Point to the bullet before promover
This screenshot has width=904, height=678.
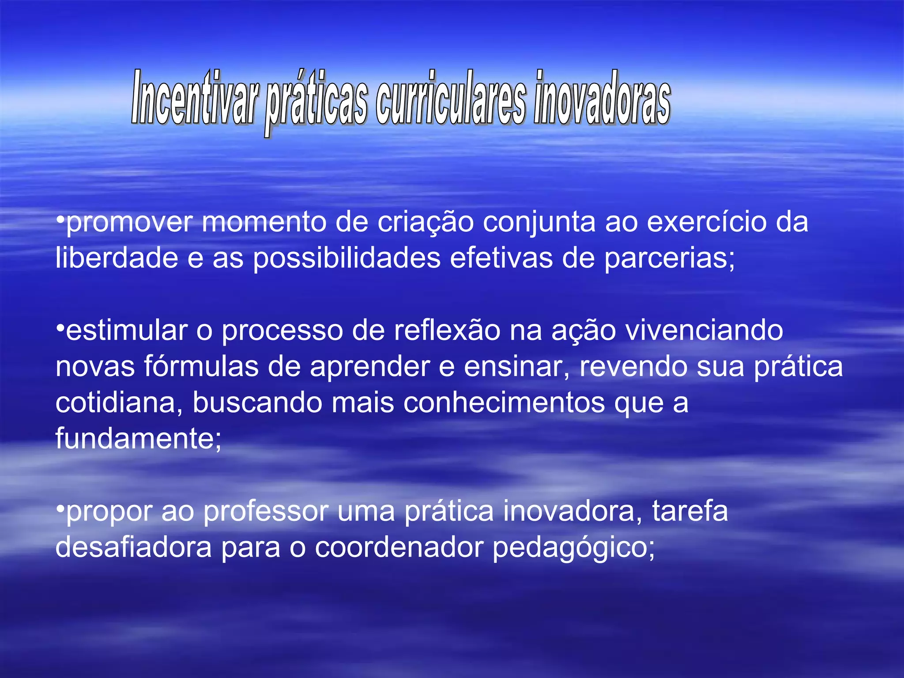click(x=60, y=219)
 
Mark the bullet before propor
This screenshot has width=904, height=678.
click(x=60, y=508)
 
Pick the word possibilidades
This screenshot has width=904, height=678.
click(x=347, y=259)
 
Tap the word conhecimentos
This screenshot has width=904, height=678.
click(x=504, y=403)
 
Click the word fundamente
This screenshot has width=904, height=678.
click(x=138, y=439)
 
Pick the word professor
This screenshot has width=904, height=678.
click(x=266, y=511)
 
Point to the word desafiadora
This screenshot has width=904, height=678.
click(x=133, y=547)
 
